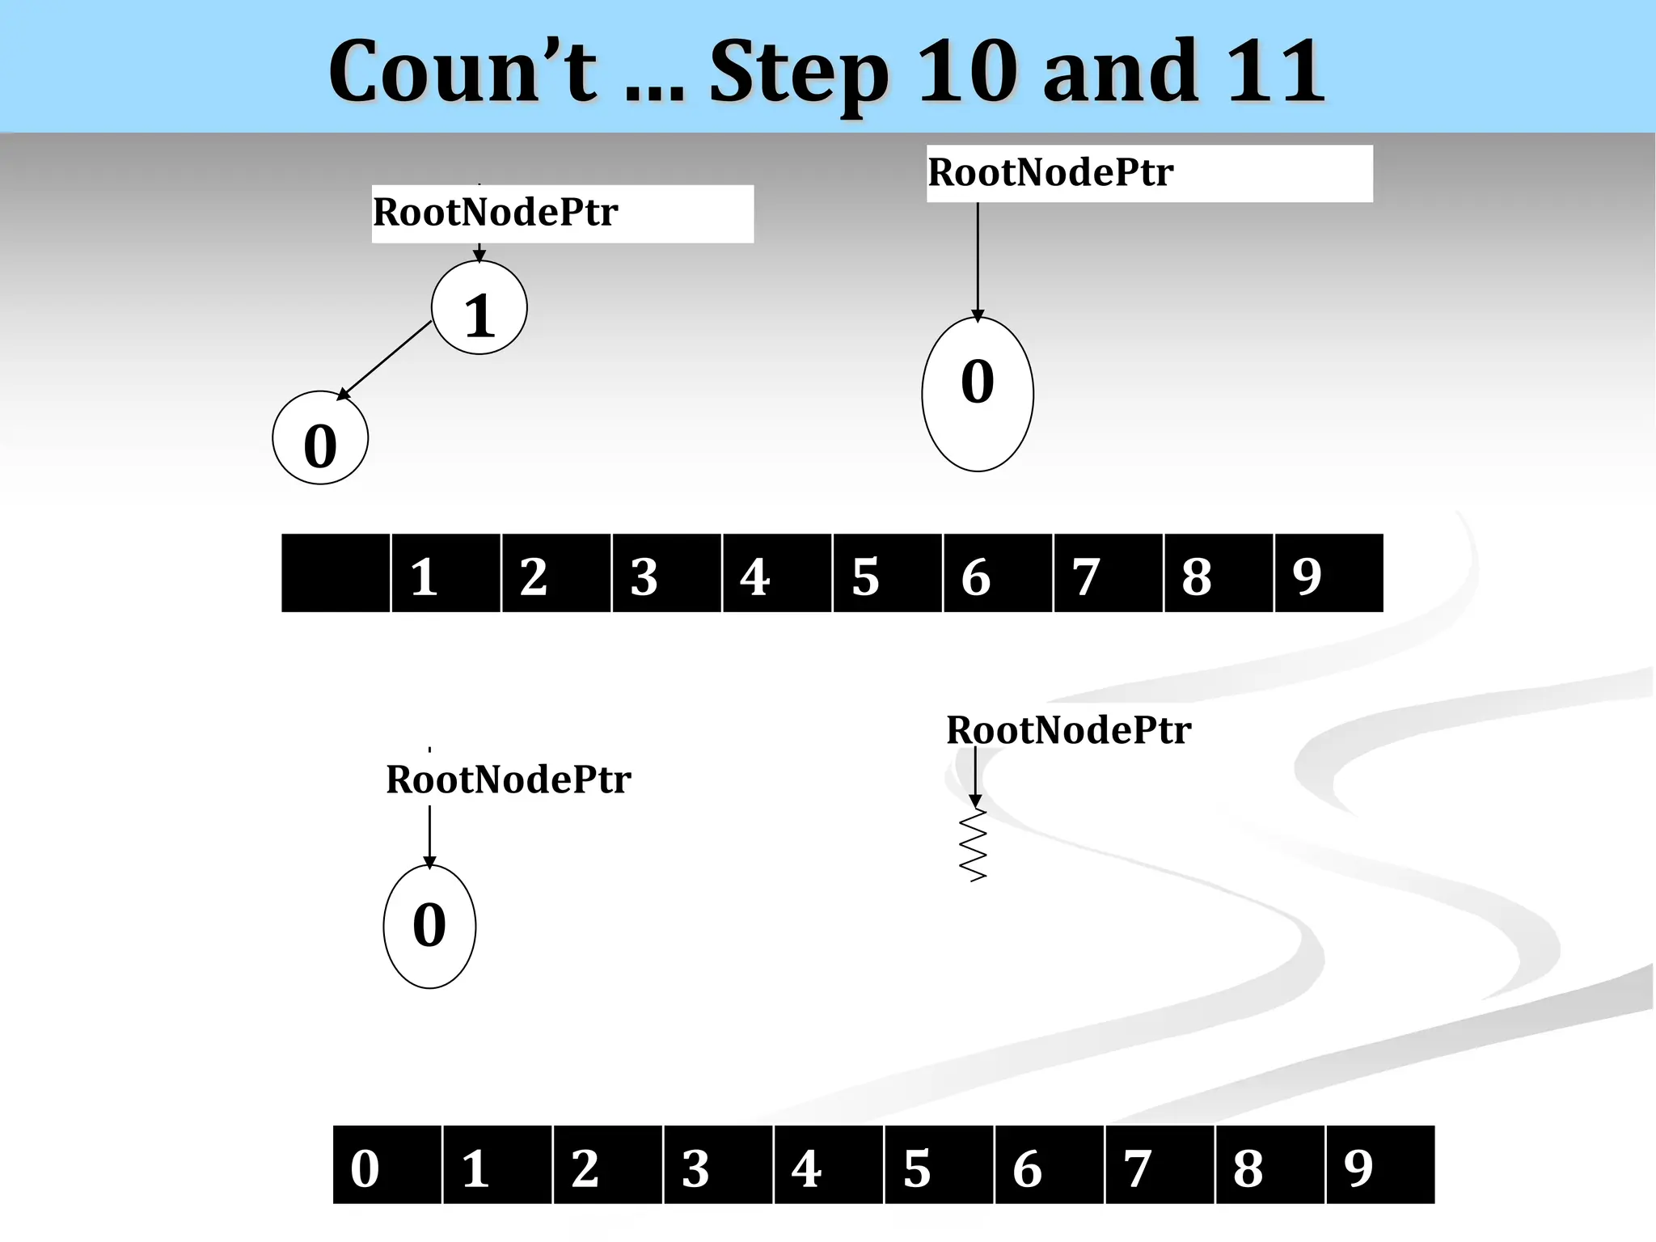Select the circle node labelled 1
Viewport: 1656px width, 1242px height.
(x=479, y=308)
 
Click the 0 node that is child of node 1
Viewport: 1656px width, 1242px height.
(x=320, y=438)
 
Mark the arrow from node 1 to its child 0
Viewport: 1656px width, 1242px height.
(x=384, y=360)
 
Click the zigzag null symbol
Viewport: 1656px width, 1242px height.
(x=974, y=845)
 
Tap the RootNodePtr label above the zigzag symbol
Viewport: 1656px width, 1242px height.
(x=1068, y=730)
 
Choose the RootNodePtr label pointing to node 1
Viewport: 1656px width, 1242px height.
(x=496, y=213)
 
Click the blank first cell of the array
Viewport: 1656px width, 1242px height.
(x=336, y=573)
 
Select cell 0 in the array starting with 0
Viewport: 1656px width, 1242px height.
(x=387, y=1165)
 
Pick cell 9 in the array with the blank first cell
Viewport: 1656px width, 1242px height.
(x=1329, y=573)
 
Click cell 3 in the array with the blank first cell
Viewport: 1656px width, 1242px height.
(x=666, y=573)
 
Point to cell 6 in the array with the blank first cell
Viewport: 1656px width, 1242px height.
(x=998, y=573)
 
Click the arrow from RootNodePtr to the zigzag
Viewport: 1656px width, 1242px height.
(x=975, y=776)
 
